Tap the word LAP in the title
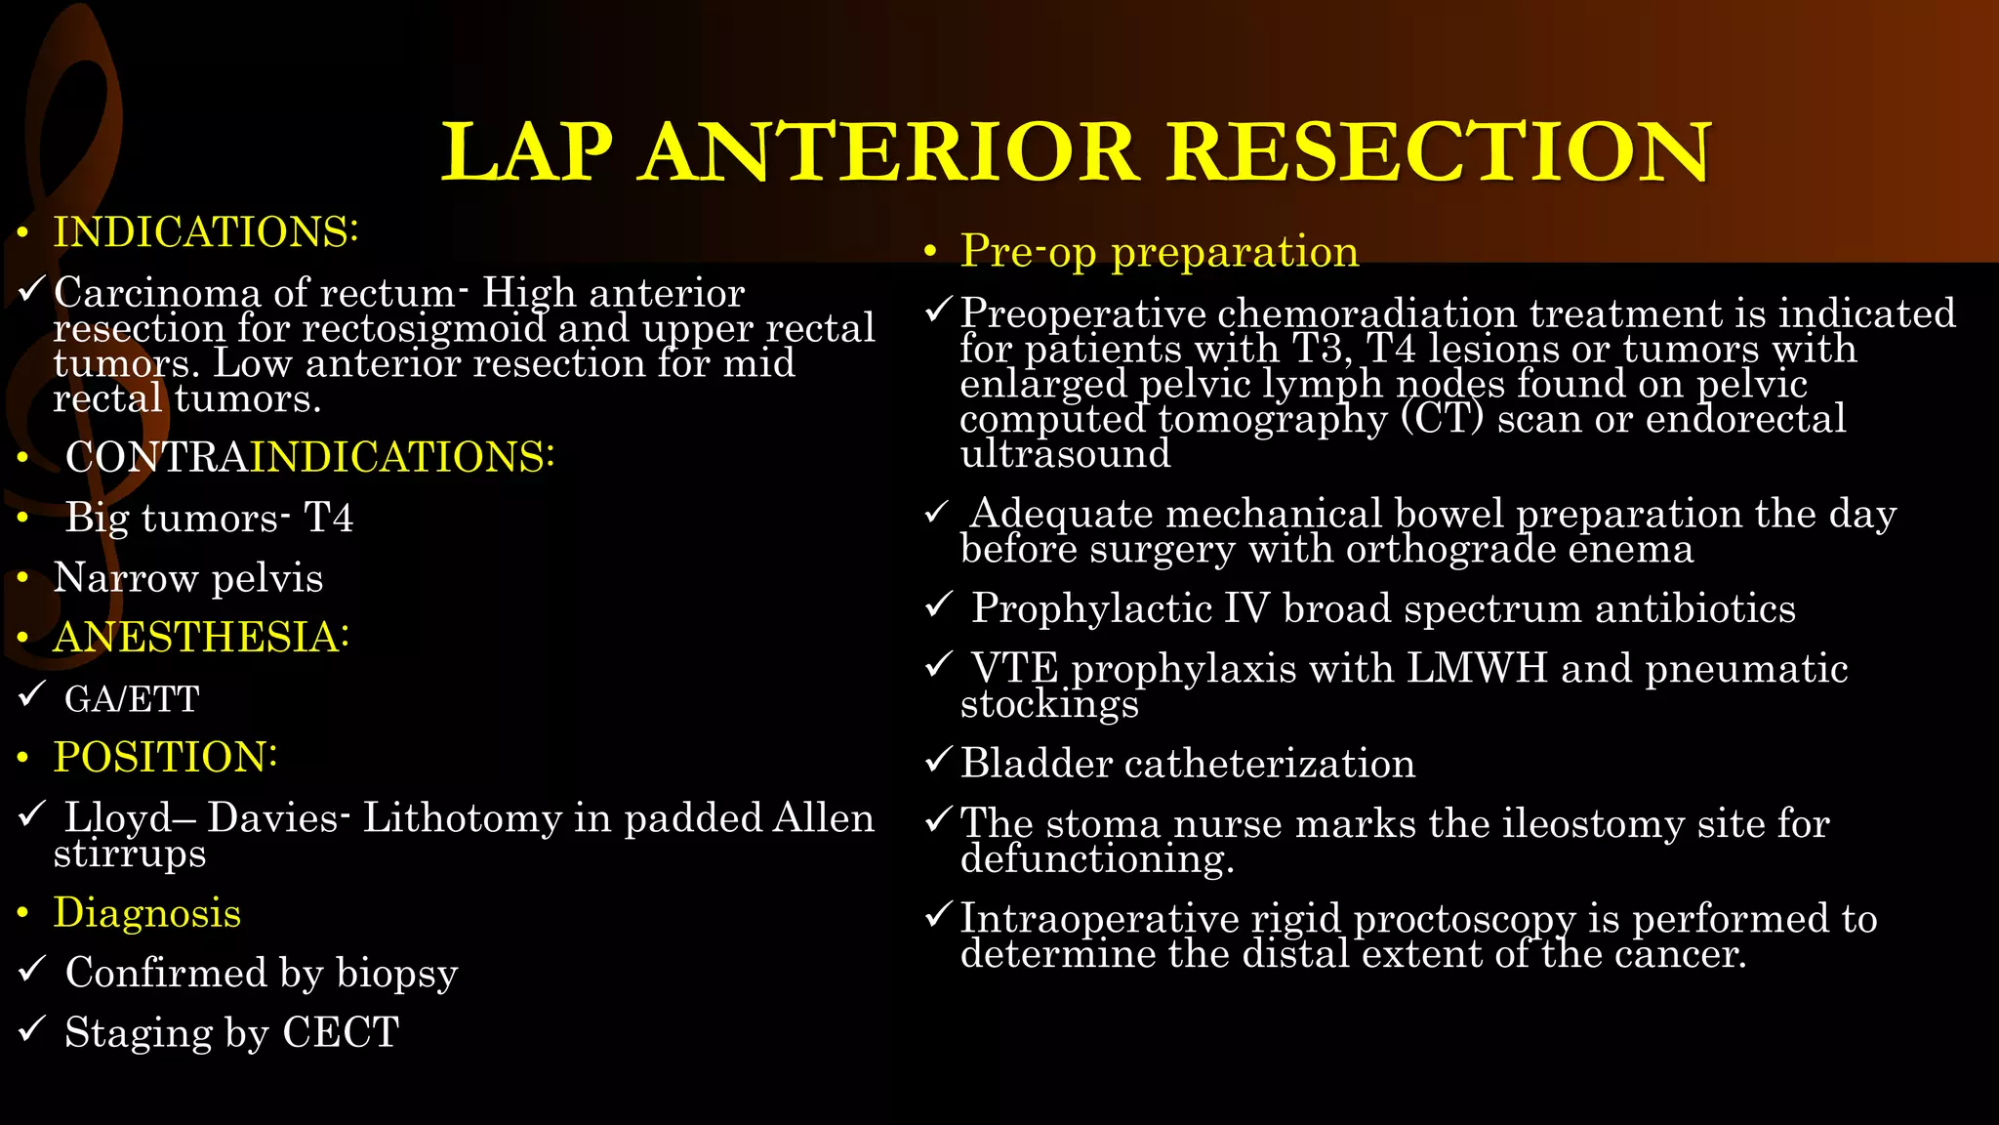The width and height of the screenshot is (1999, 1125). (527, 152)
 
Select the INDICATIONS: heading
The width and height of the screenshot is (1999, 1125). (206, 232)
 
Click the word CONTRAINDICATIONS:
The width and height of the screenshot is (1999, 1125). (309, 457)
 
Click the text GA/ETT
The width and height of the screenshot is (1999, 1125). (132, 699)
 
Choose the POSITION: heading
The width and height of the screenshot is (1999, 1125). (165, 757)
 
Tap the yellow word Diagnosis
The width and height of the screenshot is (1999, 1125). (146, 913)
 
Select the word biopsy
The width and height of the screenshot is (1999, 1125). (396, 973)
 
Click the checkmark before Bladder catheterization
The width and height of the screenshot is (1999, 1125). (937, 760)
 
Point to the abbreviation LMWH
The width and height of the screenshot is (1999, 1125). (1477, 668)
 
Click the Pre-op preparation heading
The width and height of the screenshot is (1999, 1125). (1159, 251)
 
